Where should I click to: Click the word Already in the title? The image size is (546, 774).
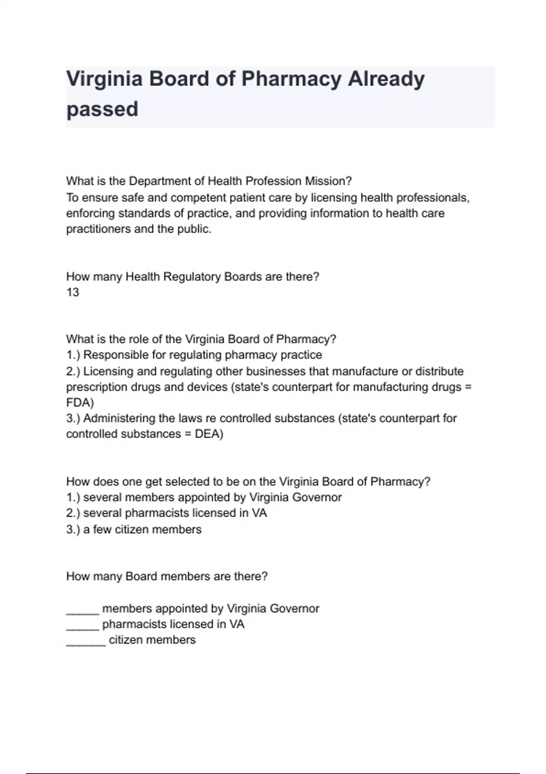pyautogui.click(x=386, y=79)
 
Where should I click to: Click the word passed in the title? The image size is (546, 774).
pyautogui.click(x=102, y=109)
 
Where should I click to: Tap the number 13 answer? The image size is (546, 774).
pyautogui.click(x=73, y=292)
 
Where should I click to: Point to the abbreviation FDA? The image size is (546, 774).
pyautogui.click(x=80, y=403)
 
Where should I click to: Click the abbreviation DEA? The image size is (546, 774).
pyautogui.click(x=209, y=434)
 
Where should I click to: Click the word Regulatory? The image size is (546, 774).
pyautogui.click(x=192, y=277)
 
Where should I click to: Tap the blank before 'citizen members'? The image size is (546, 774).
pyautogui.click(x=86, y=640)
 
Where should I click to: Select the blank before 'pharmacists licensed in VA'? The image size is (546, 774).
pyautogui.click(x=82, y=625)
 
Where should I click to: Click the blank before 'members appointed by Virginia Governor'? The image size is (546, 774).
pyautogui.click(x=82, y=609)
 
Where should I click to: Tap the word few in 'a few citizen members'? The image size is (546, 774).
pyautogui.click(x=102, y=530)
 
